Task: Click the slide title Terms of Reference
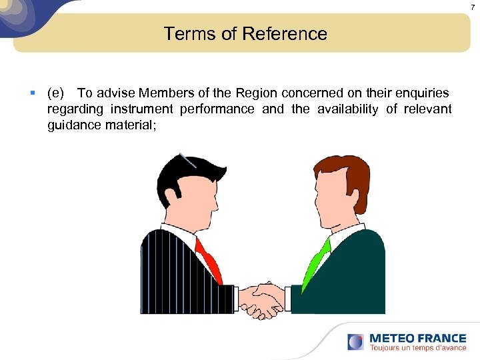pos(245,33)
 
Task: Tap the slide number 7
pos(472,6)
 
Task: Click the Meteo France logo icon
pos(356,342)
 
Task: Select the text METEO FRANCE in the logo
pos(417,338)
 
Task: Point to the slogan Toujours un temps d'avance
pos(417,348)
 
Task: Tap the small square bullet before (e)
pos(33,93)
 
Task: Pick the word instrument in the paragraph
pos(141,109)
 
